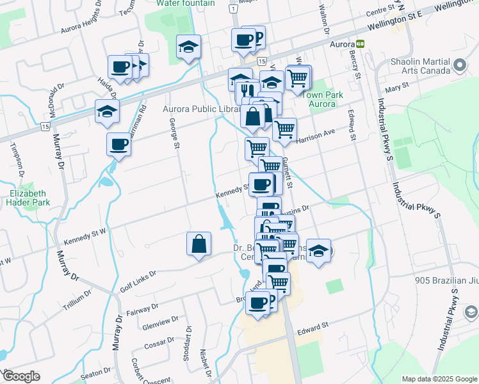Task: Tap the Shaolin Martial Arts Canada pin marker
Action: click(x=459, y=66)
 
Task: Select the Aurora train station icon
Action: click(x=361, y=45)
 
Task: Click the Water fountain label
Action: click(x=186, y=3)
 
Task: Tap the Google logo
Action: click(x=20, y=376)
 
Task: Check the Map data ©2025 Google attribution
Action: click(x=439, y=378)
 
